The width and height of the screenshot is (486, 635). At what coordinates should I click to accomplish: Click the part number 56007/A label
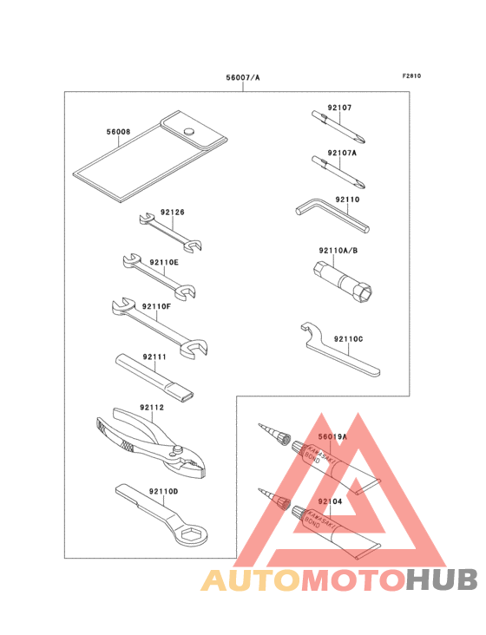(x=243, y=77)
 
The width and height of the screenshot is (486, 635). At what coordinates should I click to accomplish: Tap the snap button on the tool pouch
(x=188, y=131)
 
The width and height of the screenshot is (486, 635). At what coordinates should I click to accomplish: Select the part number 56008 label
(x=118, y=132)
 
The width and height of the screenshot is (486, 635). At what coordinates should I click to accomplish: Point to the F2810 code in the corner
(x=411, y=75)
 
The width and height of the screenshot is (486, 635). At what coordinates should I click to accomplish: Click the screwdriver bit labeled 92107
(x=338, y=127)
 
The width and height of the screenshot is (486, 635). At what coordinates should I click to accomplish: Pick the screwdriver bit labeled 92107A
(x=338, y=172)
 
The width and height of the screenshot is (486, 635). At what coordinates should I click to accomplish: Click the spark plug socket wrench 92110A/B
(x=343, y=283)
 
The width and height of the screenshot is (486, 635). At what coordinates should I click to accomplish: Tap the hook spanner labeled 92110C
(x=339, y=350)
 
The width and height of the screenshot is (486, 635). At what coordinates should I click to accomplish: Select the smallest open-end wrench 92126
(x=170, y=232)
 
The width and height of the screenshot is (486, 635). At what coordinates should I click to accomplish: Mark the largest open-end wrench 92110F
(x=159, y=327)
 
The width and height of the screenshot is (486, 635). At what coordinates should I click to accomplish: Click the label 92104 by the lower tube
(x=330, y=501)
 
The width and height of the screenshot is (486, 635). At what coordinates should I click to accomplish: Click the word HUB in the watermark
(x=443, y=580)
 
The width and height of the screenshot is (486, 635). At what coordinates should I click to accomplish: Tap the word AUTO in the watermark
(x=252, y=580)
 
